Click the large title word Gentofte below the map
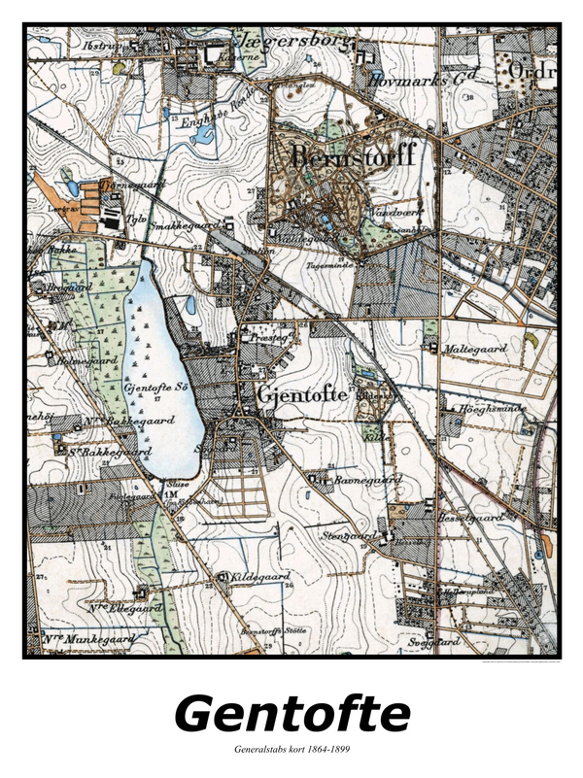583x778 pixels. coord(291,714)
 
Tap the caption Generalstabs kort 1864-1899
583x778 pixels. coord(291,750)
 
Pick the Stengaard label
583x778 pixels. coord(347,535)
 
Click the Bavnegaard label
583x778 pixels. coord(366,480)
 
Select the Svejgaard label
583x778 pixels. coord(433,642)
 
